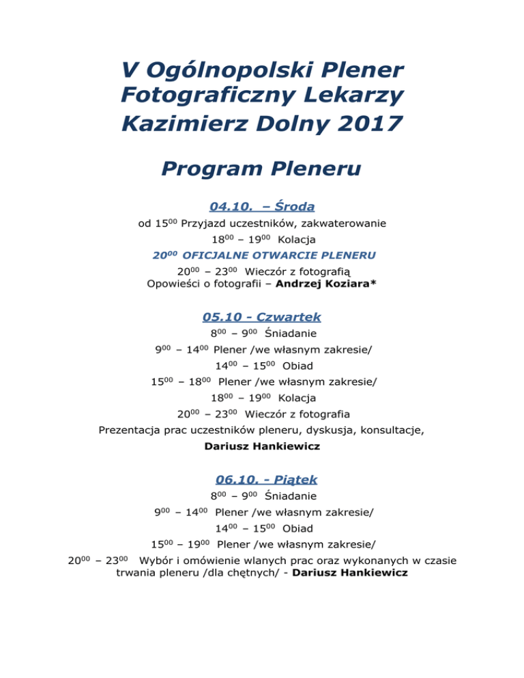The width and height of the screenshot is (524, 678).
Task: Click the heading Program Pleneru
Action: pos(261,167)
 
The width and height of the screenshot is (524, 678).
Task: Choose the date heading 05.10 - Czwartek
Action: pos(261,316)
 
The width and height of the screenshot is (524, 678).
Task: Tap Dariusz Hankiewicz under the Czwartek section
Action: pos(261,447)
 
